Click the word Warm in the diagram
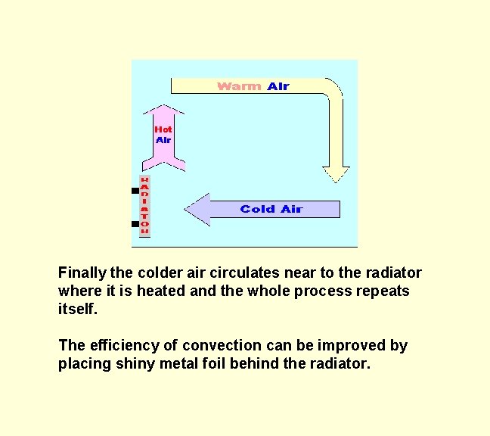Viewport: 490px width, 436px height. click(239, 86)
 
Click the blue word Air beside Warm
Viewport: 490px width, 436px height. click(278, 86)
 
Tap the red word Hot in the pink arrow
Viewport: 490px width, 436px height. click(163, 129)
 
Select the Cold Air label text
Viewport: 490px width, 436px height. click(271, 209)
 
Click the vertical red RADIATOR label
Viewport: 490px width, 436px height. click(144, 206)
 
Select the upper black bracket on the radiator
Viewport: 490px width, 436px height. click(135, 192)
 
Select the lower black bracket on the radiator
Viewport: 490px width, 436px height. click(135, 225)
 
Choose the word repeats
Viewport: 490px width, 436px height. click(383, 291)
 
